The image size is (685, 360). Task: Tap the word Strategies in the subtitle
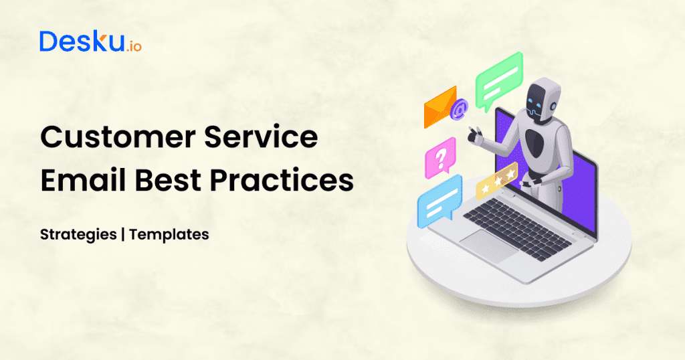pos(80,235)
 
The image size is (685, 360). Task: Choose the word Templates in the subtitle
pos(169,235)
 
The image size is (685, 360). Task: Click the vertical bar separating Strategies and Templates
pos(124,235)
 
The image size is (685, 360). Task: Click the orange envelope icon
pos(439,107)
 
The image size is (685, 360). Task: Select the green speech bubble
pos(498,80)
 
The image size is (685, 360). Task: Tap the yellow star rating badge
pos(496,180)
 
